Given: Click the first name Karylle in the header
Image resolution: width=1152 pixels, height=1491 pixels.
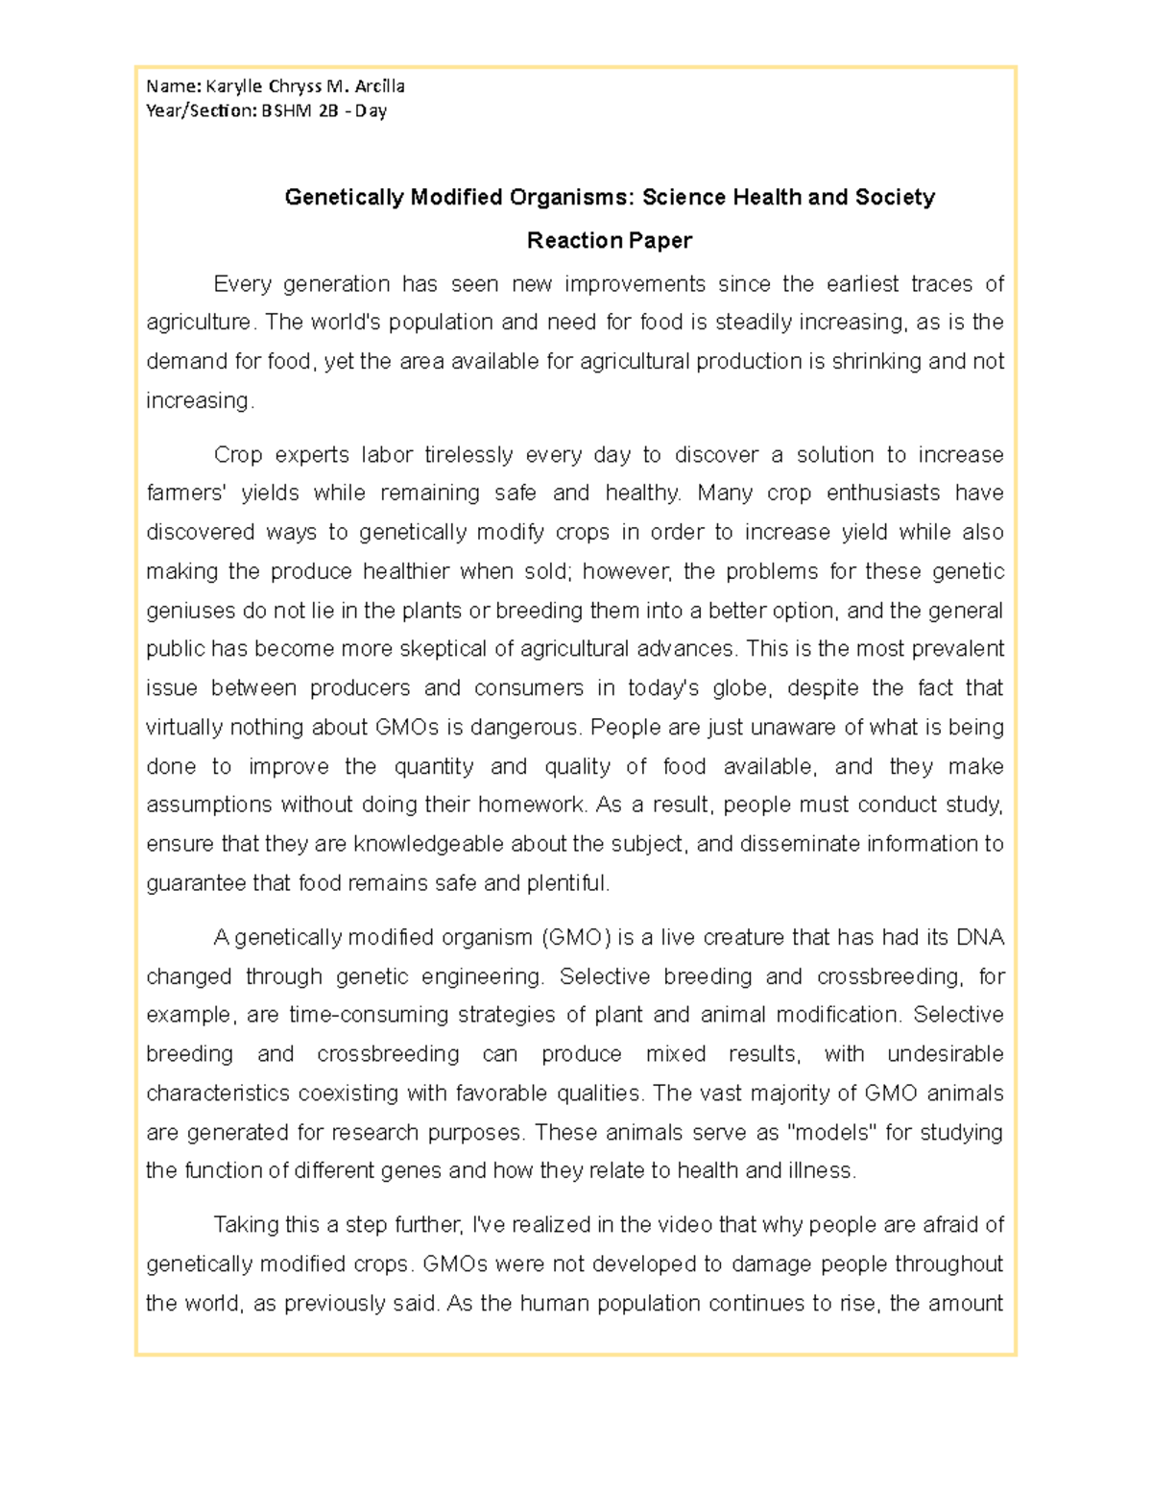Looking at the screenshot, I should [243, 86].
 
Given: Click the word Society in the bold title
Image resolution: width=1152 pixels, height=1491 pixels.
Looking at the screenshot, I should [894, 198].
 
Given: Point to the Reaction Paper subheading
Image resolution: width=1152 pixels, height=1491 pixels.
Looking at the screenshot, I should [610, 240].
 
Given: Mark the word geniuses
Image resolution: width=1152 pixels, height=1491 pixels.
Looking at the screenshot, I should [187, 611].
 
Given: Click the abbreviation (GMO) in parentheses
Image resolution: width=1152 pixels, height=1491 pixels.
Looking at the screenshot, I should [576, 937].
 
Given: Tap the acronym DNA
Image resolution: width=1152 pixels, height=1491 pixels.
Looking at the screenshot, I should [980, 937].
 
